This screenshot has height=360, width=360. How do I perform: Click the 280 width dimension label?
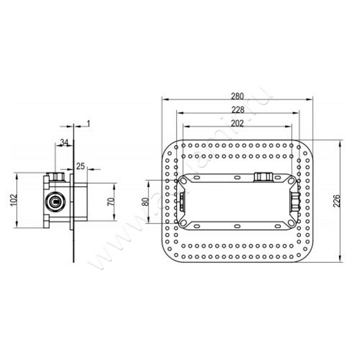click(x=237, y=97)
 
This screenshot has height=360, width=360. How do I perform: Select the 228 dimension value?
click(x=238, y=110)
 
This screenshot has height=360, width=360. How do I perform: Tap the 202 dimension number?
click(x=238, y=123)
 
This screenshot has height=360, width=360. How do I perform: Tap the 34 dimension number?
click(x=64, y=142)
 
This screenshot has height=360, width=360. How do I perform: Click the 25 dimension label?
click(x=80, y=166)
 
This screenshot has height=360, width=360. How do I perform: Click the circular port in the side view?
click(x=56, y=202)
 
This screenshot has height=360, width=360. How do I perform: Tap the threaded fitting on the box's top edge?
click(x=263, y=177)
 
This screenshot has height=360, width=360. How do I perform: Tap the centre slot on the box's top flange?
click(x=237, y=178)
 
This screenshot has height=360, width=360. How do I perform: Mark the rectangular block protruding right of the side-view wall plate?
click(x=81, y=202)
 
